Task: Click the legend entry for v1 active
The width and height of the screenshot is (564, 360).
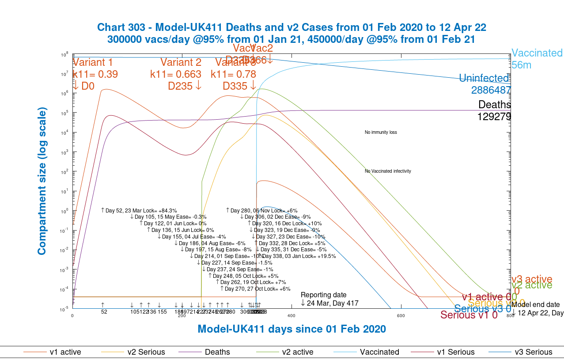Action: point(65,352)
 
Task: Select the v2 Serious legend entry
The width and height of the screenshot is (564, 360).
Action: point(146,352)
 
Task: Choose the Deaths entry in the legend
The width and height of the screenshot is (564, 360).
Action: point(217,352)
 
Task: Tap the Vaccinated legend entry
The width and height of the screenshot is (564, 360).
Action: point(379,352)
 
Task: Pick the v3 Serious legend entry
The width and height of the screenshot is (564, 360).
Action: point(534,352)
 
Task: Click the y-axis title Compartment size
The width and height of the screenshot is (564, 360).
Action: point(42,182)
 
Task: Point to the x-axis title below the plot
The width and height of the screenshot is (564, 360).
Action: point(291,329)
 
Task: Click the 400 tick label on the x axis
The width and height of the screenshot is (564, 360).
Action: point(291,315)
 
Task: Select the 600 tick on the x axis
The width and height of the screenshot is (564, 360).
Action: point(401,315)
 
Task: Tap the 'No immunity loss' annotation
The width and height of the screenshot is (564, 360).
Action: point(381,132)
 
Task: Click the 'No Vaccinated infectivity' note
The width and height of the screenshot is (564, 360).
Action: point(388,171)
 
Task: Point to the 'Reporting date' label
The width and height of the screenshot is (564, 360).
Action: point(324,295)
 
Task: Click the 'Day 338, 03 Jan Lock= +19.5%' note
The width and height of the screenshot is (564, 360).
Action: point(299,256)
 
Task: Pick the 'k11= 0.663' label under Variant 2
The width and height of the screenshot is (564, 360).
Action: point(176,74)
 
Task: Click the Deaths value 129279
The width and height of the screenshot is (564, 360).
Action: point(494,117)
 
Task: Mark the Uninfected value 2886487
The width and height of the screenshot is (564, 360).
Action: point(491,90)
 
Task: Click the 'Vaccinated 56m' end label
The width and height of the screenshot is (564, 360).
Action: point(537,59)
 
